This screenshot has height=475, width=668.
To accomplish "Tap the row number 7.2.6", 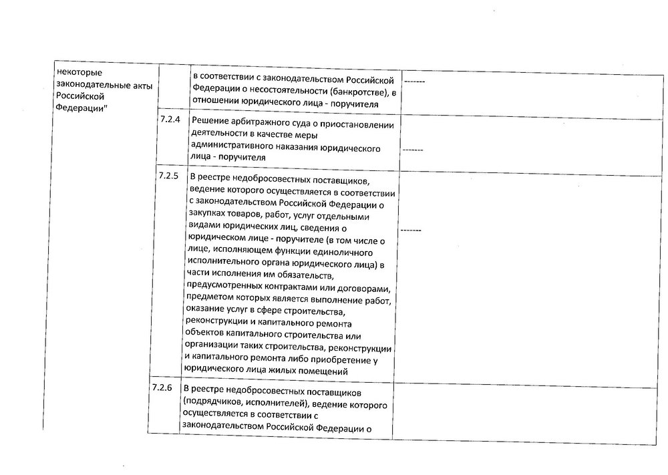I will [162, 388].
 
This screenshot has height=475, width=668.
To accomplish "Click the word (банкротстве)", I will [354, 91].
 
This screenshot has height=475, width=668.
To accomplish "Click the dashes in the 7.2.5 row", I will [412, 230].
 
